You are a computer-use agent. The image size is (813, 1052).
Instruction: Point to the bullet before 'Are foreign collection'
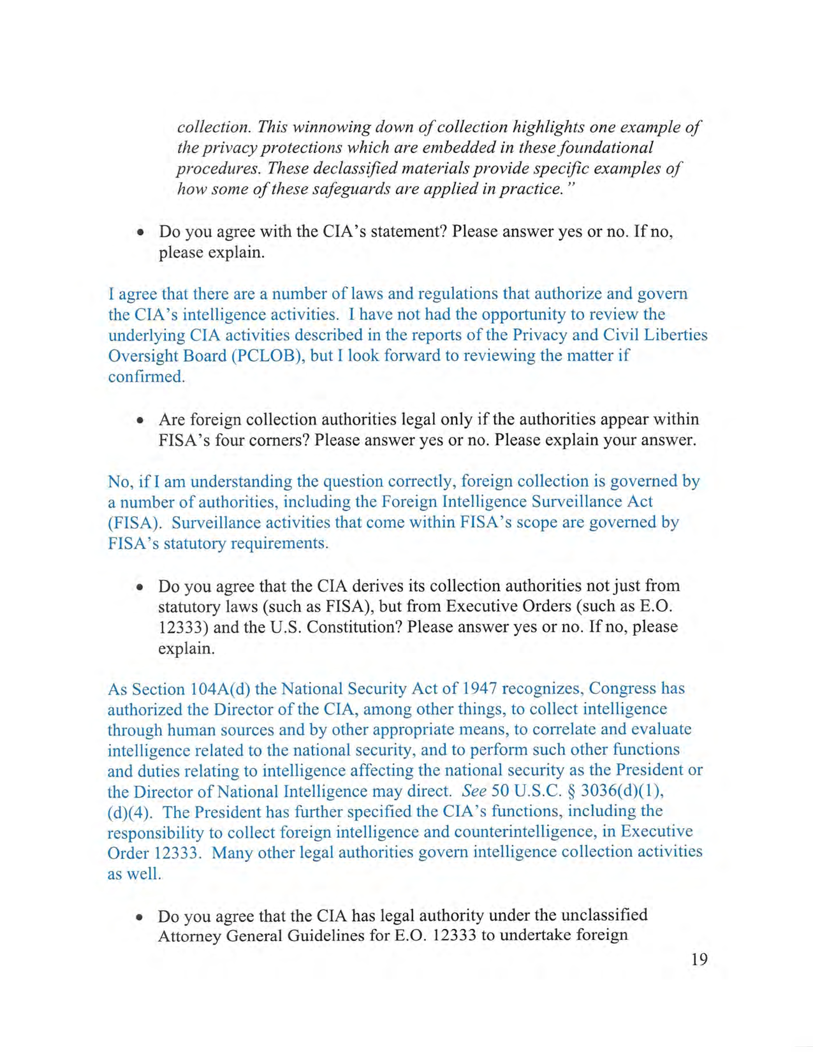point(140,420)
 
